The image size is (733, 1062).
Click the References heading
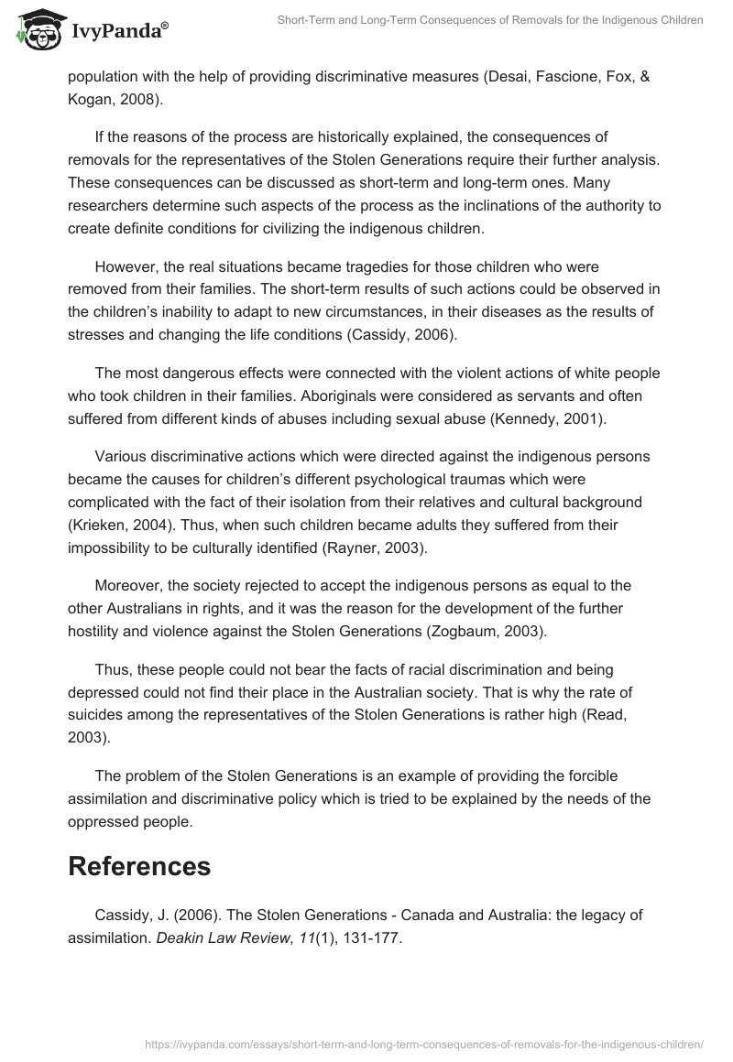pyautogui.click(x=139, y=865)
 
